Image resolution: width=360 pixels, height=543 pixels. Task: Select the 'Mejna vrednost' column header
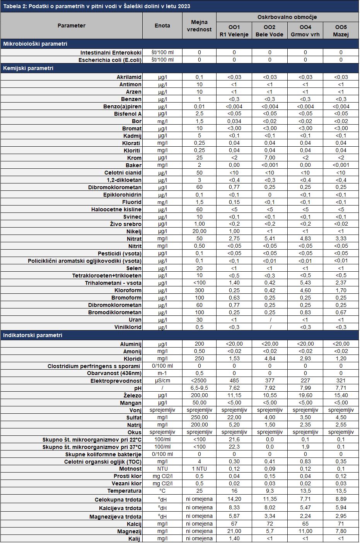tap(199, 26)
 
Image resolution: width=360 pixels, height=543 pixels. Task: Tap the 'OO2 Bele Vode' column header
tap(270, 31)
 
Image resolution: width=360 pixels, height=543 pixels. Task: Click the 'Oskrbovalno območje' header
tap(287, 17)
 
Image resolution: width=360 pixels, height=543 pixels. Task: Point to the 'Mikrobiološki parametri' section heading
tap(35, 44)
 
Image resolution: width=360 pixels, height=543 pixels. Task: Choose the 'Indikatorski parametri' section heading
tap(32, 335)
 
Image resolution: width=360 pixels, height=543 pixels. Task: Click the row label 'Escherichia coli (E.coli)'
tap(110, 60)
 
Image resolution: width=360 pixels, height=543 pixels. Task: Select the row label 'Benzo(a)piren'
tap(122, 106)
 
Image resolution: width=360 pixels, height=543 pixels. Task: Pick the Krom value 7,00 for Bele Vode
tap(270, 158)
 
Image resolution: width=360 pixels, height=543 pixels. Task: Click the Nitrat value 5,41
tap(270, 239)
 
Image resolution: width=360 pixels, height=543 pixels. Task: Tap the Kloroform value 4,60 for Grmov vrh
tap(305, 290)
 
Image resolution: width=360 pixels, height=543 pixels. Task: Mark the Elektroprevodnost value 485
tap(234, 380)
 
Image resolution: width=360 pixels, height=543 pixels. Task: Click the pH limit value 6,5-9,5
tap(199, 388)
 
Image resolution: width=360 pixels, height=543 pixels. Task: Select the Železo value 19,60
tap(305, 395)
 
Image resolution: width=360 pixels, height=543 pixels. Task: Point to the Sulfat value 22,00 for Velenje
tap(234, 417)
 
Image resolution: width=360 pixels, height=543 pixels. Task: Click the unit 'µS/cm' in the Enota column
tap(162, 380)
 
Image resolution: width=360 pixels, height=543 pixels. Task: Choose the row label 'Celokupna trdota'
tap(118, 500)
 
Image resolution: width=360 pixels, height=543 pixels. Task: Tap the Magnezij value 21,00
tap(234, 531)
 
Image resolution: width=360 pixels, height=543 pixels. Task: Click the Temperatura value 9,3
tap(270, 491)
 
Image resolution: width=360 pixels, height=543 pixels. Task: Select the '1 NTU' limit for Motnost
tap(199, 469)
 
